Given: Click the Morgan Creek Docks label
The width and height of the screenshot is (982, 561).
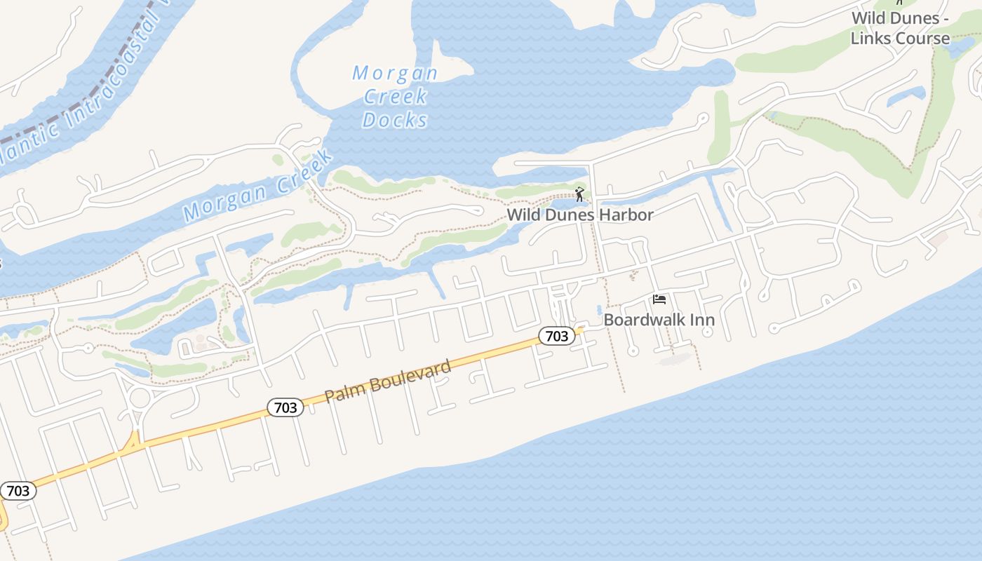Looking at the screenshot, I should (x=395, y=96).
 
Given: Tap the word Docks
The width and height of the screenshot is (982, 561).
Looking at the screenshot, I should (x=395, y=120).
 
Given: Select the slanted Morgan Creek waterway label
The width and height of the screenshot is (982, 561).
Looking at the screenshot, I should (x=257, y=188).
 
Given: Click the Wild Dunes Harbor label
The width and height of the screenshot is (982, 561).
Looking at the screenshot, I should (x=580, y=215).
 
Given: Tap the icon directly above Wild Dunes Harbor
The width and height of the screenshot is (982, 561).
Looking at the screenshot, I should (x=579, y=194).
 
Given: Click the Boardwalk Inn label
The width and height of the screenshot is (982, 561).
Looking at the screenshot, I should (x=659, y=320).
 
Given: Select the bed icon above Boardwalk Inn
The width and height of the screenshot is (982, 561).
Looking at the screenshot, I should (x=659, y=299).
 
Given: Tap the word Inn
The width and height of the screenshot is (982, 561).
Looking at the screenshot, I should (x=701, y=320).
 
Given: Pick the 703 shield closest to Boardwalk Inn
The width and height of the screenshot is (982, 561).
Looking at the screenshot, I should (x=557, y=337).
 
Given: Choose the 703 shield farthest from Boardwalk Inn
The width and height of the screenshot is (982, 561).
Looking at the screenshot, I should (x=18, y=491).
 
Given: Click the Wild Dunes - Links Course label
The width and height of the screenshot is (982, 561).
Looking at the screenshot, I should (x=900, y=28).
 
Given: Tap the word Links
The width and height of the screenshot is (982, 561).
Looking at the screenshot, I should (x=871, y=39).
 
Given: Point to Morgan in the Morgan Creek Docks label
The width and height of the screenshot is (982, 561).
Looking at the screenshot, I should (x=395, y=73).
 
